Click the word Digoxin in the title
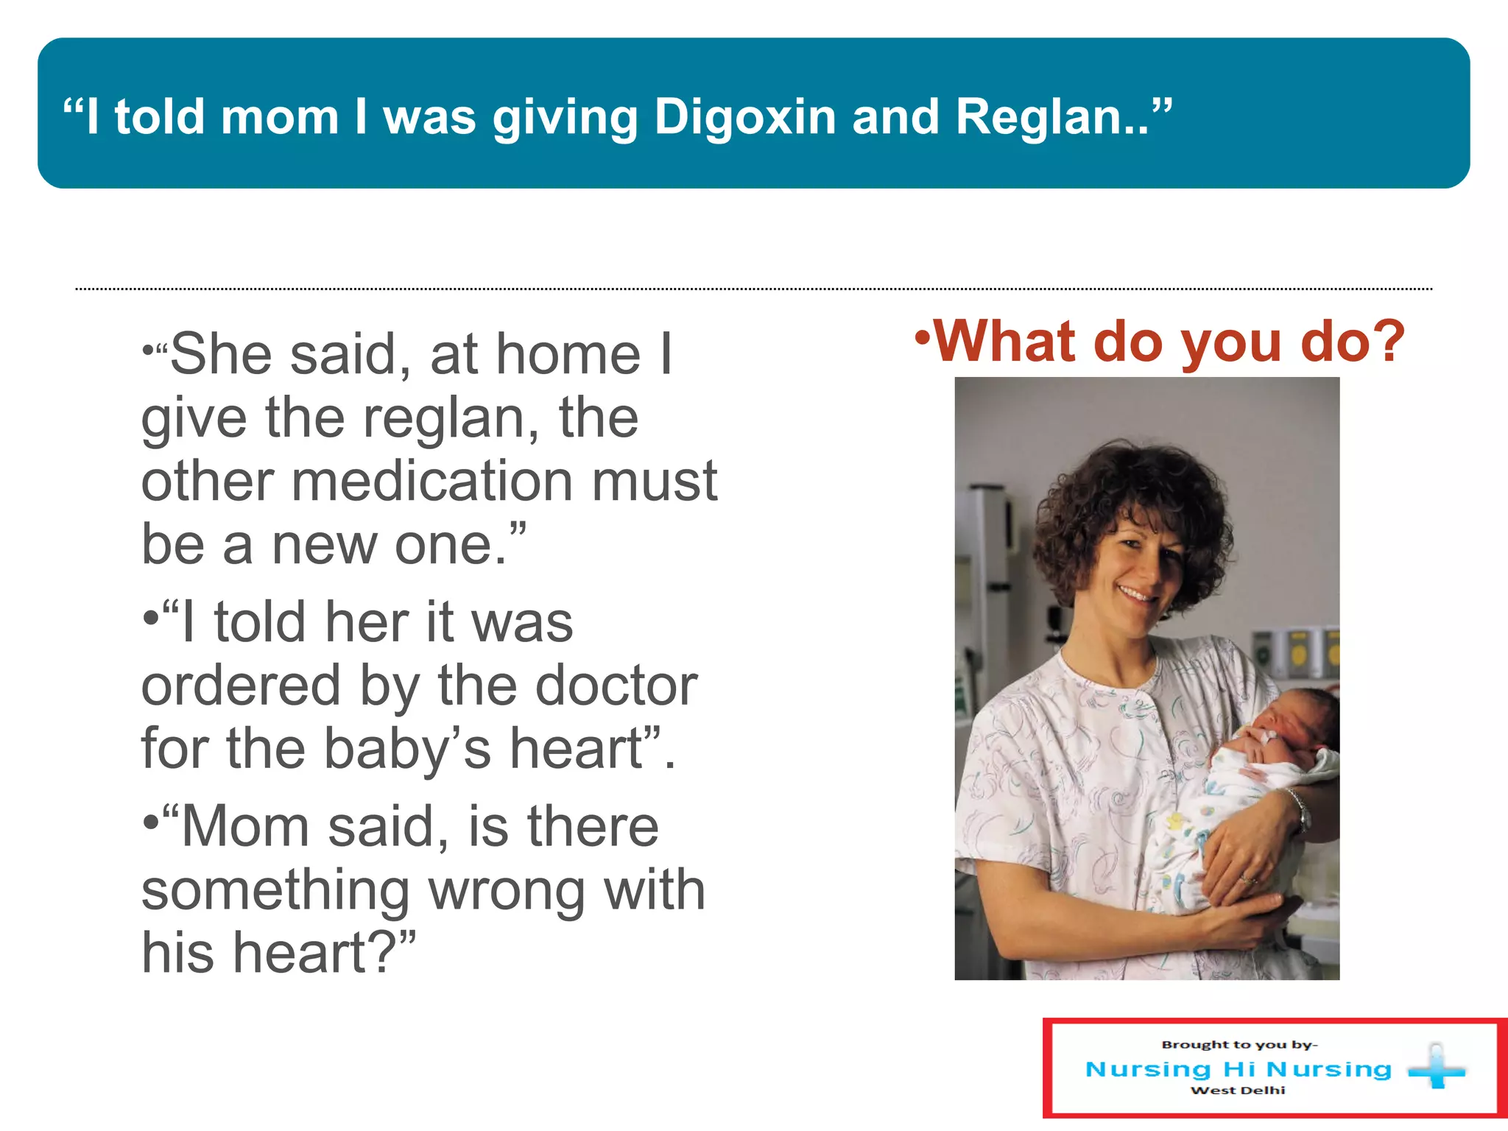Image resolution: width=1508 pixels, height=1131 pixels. [744, 118]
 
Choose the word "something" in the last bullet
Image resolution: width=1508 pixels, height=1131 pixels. [275, 890]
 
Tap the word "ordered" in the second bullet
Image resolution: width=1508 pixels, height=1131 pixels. [241, 686]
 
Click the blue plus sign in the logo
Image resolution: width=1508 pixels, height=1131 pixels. [1437, 1066]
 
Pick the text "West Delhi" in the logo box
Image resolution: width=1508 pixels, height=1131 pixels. [1238, 1091]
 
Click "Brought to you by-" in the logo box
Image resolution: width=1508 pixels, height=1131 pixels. [1239, 1044]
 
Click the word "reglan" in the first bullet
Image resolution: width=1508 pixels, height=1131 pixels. [441, 418]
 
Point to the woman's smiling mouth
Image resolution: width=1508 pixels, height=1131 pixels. [1135, 593]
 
